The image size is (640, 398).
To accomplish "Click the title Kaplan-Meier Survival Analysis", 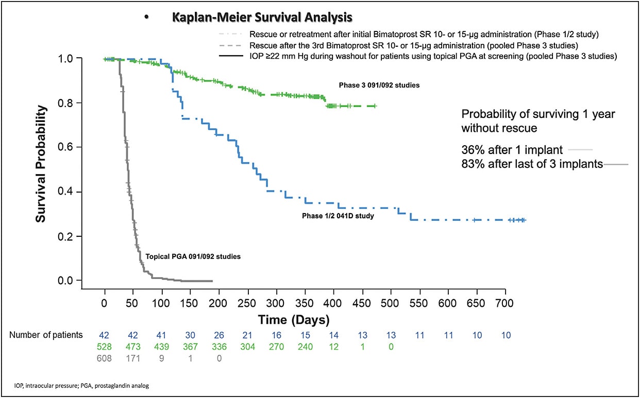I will (263, 18).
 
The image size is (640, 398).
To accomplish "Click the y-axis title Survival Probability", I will (41, 164).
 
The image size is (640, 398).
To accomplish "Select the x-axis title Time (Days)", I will (293, 320).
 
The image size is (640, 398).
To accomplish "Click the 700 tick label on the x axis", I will (504, 302).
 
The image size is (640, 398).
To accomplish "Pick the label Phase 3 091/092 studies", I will (379, 85).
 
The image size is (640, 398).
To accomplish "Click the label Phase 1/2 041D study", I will (338, 216).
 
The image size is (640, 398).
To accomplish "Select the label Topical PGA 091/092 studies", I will (193, 256).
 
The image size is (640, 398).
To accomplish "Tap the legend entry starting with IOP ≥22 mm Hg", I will (433, 56).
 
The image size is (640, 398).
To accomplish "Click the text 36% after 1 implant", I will (512, 150).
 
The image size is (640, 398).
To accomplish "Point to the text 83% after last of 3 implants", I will (532, 165).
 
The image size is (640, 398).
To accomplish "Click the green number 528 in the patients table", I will (105, 347).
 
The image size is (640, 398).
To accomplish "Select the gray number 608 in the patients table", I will (105, 358).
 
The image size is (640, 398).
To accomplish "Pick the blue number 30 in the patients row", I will (190, 335).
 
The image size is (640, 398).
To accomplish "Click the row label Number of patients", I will (46, 335).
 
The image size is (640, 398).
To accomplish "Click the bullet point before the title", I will (146, 18).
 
